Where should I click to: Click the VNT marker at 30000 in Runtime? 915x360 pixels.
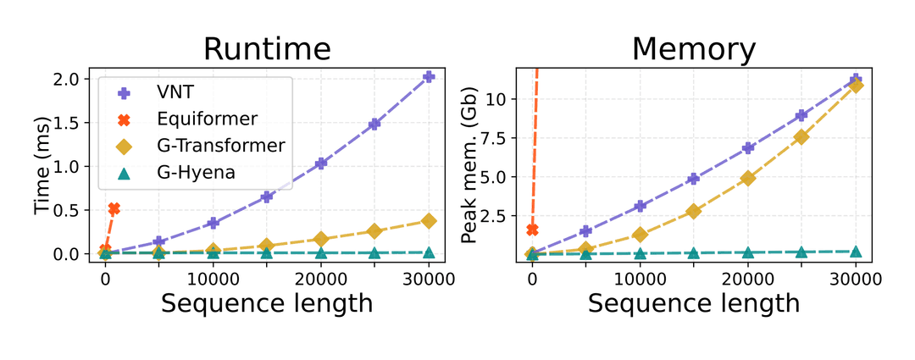429,77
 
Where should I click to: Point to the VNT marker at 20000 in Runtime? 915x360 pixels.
321,163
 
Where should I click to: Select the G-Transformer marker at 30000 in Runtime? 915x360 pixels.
429,221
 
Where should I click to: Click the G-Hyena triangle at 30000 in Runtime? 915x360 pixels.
429,252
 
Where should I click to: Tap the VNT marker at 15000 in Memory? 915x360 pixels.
694,179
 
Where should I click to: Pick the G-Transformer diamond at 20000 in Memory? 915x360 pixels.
748,178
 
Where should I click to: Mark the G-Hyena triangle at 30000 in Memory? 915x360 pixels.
856,252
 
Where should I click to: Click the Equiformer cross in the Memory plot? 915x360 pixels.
533,230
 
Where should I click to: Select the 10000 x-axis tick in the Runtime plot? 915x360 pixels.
213,278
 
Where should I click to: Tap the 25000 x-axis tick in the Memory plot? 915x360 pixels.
801,278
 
